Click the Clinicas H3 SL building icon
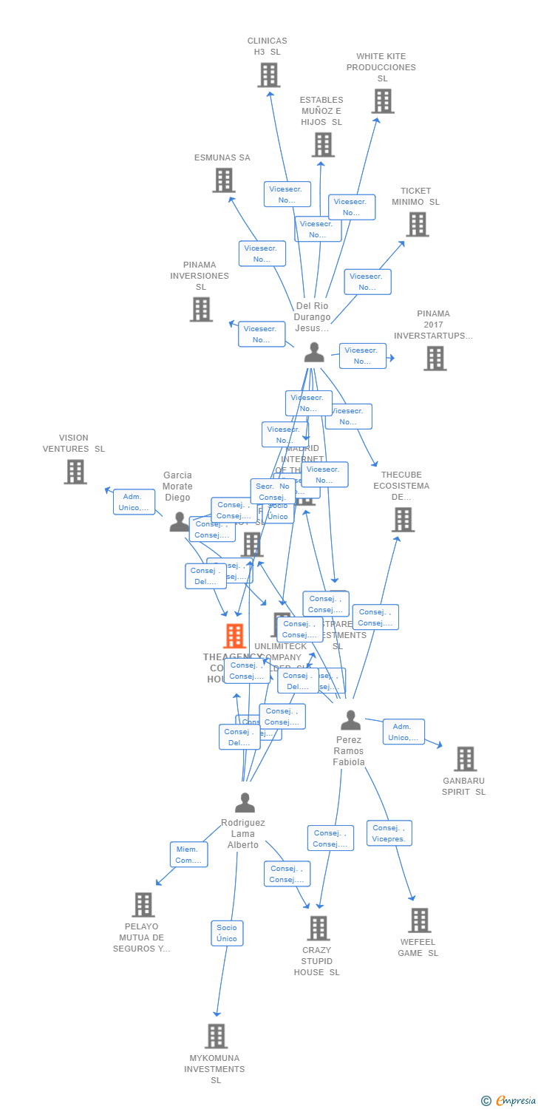coord(269,75)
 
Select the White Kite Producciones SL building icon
coord(383,101)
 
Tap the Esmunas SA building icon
coord(224,180)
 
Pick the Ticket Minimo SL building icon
coord(417,224)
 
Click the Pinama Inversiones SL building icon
coord(201,309)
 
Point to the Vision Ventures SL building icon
coord(75,472)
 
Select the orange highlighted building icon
coord(234,636)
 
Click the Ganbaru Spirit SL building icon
coord(465,759)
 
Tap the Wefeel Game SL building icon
coord(419,920)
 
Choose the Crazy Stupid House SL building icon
coord(318,928)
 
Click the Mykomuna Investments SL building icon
coord(216,1036)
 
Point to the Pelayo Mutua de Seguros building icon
coord(143,904)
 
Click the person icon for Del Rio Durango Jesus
coord(314,353)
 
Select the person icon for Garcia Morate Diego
coord(180,522)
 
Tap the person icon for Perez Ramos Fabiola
coord(350,720)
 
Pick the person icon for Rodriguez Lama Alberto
coord(245,802)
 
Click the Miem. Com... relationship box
coord(188,855)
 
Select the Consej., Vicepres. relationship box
coord(389,833)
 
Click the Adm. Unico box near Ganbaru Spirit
coord(403,732)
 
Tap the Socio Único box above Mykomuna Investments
coord(227,933)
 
